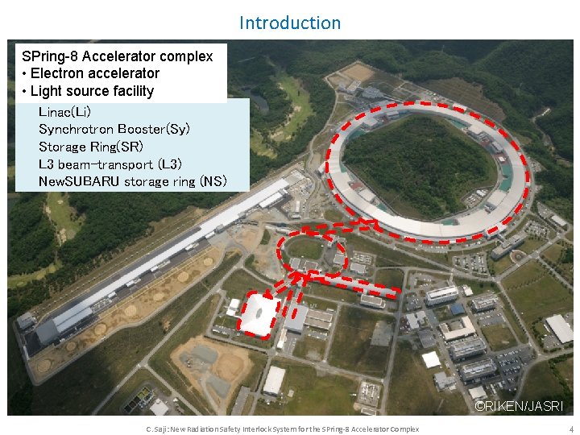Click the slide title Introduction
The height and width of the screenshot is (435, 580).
[290, 23]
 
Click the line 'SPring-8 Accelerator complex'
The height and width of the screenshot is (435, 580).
[118, 56]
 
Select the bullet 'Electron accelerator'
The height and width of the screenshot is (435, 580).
[91, 73]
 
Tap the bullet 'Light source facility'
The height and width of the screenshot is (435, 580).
[88, 91]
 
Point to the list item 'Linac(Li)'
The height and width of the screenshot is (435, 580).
[64, 111]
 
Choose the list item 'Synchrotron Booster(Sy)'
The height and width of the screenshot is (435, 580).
[114, 129]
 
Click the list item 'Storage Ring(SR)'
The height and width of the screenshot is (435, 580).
[91, 147]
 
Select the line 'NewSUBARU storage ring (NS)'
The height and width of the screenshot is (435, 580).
[133, 181]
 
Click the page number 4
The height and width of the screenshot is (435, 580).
[570, 429]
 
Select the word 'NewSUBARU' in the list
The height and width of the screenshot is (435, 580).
[79, 181]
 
